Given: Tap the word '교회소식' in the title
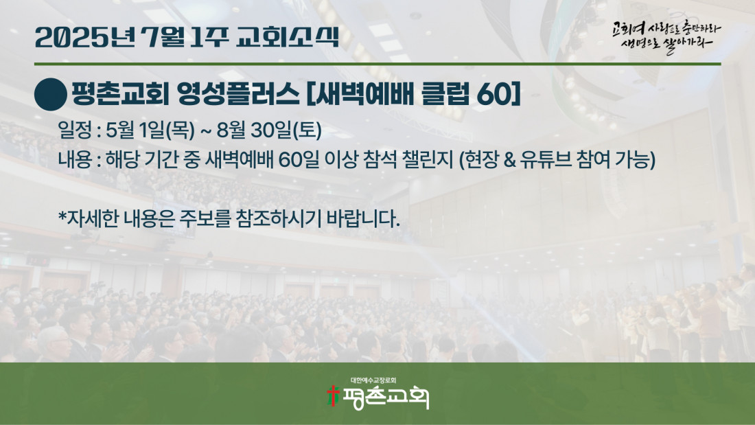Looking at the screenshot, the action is [x=288, y=37].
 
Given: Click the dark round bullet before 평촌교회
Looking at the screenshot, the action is [x=51, y=95].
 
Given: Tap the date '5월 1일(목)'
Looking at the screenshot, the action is [x=150, y=130].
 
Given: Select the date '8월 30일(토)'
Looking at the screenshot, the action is [x=269, y=130].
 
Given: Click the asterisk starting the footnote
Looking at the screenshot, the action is [x=62, y=216].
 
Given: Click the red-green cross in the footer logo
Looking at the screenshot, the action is [x=333, y=396].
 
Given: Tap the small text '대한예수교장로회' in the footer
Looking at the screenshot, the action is [x=373, y=380].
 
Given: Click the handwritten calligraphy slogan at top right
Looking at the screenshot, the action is [x=666, y=37].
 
